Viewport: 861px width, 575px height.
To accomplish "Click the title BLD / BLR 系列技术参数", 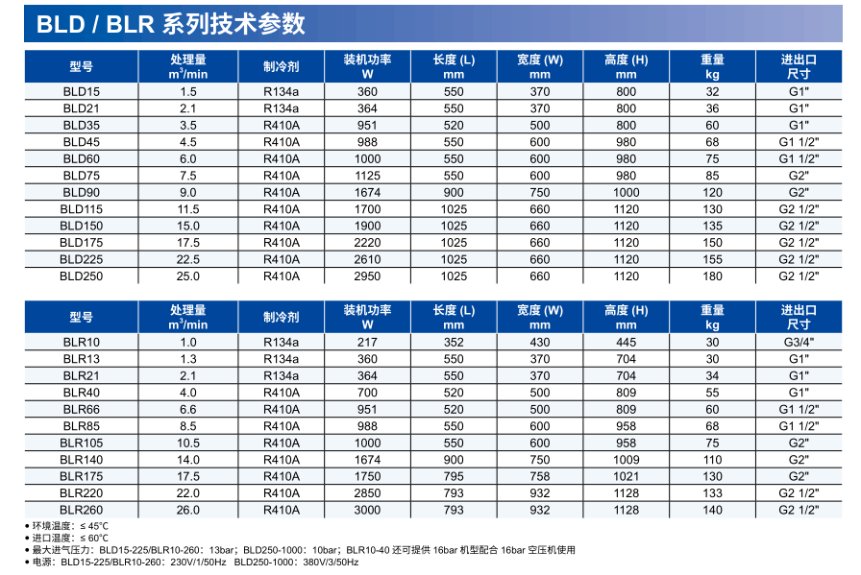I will click(171, 23).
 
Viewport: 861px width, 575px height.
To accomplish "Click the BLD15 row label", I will click(81, 92).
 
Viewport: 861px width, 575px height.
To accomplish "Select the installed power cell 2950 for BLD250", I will click(367, 276).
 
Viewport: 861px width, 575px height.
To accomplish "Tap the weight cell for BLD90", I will click(712, 192).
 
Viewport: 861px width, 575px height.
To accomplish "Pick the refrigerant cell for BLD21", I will click(282, 108).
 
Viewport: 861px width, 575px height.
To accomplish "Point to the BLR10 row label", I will click(81, 343).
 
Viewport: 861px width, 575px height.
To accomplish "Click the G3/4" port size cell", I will click(799, 343).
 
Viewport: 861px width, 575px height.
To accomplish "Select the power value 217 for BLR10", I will click(367, 343).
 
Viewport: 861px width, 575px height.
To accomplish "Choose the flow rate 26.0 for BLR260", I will click(188, 510).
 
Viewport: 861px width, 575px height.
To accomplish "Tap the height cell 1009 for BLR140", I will click(626, 460).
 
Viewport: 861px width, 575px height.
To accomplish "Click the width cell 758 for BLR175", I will click(540, 476).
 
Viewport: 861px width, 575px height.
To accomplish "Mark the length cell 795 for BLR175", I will click(454, 476).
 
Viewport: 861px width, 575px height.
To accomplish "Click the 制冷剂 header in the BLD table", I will click(282, 66).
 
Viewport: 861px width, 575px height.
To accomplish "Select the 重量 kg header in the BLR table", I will click(712, 317).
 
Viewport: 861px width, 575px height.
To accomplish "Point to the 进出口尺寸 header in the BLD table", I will click(799, 66).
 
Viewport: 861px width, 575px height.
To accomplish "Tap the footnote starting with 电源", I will click(192, 563).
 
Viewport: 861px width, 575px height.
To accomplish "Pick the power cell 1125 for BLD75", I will click(367, 176).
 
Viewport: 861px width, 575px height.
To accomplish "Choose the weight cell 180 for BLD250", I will click(712, 276).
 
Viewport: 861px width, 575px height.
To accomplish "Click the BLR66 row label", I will click(81, 410).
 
